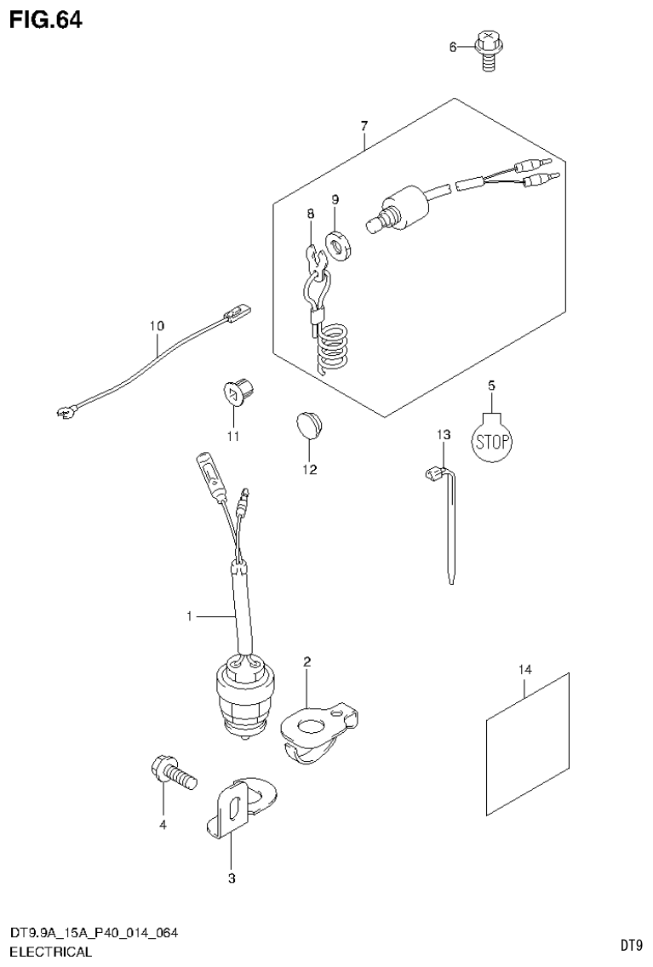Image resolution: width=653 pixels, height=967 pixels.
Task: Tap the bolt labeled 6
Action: pos(488,50)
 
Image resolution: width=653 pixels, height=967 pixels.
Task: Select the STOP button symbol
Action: pos(491,439)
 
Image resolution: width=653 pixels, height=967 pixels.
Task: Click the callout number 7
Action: pos(364,127)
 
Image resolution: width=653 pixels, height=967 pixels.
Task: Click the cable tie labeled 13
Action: pos(444,519)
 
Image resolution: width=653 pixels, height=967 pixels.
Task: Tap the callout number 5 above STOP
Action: pos(490,386)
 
